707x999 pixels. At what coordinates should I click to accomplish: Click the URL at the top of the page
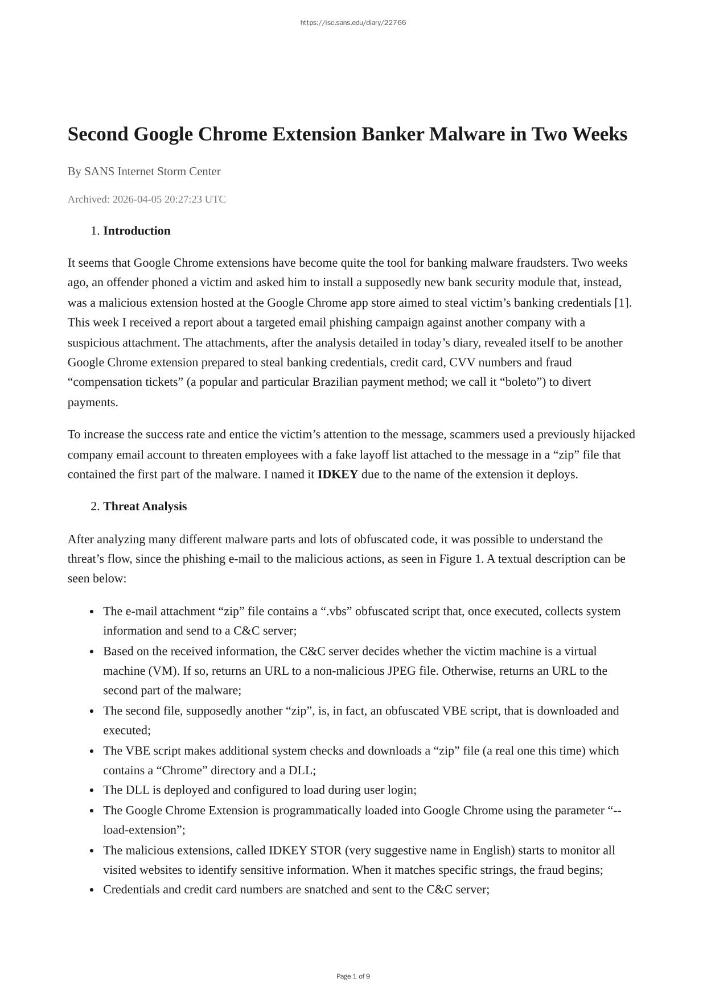click(x=353, y=23)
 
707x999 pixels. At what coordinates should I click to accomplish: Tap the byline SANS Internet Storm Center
click(x=152, y=171)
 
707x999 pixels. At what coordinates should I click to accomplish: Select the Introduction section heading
click(x=137, y=230)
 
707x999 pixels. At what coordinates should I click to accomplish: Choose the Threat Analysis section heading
click(x=145, y=506)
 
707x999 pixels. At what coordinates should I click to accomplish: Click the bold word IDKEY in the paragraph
click(x=338, y=474)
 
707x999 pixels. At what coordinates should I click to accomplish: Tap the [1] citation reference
click(x=622, y=303)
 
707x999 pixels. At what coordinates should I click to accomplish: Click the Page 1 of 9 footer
click(x=353, y=976)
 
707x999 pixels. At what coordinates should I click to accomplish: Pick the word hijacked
click(x=614, y=435)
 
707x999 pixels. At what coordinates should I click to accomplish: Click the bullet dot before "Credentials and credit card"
click(x=92, y=890)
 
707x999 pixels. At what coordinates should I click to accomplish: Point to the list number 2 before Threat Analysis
click(x=94, y=506)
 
